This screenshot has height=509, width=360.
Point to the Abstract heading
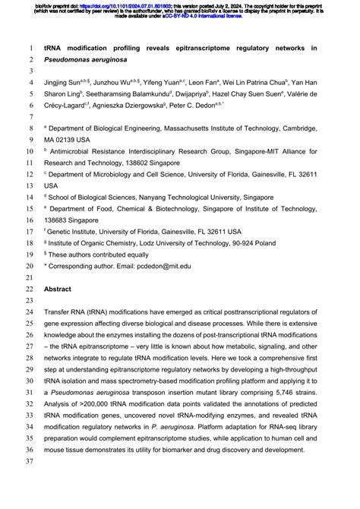coord(58,289)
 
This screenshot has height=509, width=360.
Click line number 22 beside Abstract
coord(29,289)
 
